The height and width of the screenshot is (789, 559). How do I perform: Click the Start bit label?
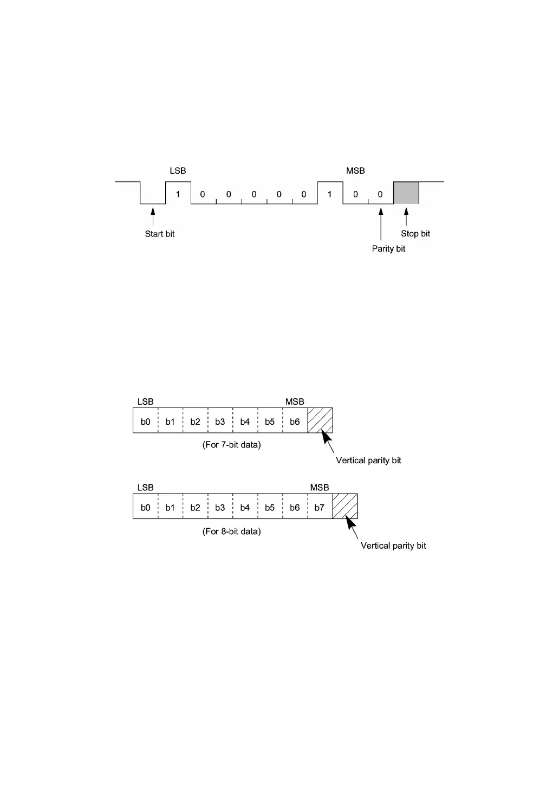pyautogui.click(x=160, y=234)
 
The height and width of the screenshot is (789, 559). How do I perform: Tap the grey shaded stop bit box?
pyautogui.click(x=406, y=193)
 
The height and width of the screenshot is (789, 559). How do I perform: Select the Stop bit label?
pyautogui.click(x=415, y=234)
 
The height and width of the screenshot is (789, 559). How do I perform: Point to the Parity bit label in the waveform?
pyautogui.click(x=388, y=249)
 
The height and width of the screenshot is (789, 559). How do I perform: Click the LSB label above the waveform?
pyautogui.click(x=178, y=171)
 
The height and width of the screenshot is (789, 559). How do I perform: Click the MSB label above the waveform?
pyautogui.click(x=355, y=171)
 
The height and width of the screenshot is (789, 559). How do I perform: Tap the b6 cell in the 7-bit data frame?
pyautogui.click(x=295, y=422)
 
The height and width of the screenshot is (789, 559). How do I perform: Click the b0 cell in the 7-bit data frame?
pyautogui.click(x=145, y=422)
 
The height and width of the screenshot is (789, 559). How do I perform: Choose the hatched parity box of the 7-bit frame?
pyautogui.click(x=320, y=420)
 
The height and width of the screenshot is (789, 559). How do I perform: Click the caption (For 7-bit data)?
pyautogui.click(x=231, y=445)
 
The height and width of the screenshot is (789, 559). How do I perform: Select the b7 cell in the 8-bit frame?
pyautogui.click(x=320, y=508)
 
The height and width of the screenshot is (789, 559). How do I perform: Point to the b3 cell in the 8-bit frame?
pyautogui.click(x=220, y=508)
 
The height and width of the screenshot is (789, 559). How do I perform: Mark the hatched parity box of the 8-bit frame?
pyautogui.click(x=344, y=507)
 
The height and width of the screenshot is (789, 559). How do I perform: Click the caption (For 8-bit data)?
pyautogui.click(x=231, y=531)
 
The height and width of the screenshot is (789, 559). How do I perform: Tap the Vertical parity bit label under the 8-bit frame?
pyautogui.click(x=393, y=545)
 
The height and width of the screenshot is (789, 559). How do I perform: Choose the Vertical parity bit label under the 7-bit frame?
pyautogui.click(x=368, y=461)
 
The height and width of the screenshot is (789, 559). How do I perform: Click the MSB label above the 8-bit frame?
pyautogui.click(x=320, y=488)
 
